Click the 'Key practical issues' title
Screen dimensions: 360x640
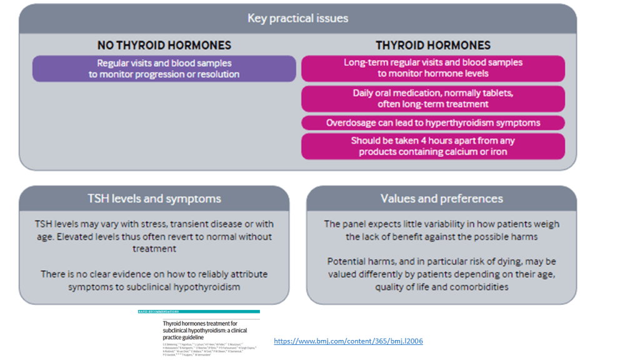coord(297,17)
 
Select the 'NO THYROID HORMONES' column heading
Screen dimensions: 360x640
coord(164,45)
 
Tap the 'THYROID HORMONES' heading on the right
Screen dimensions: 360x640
coord(432,45)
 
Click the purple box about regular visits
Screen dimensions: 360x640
coord(164,69)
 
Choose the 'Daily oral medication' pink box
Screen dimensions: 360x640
coord(432,99)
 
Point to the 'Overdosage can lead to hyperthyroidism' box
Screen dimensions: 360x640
coord(432,122)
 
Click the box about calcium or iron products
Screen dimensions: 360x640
coord(432,146)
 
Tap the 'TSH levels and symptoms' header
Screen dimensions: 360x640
coord(154,199)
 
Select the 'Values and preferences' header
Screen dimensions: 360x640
coord(441,199)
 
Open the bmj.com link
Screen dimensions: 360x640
coord(348,341)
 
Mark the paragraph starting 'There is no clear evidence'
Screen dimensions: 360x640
coord(154,280)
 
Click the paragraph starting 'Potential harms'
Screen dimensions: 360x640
coord(441,274)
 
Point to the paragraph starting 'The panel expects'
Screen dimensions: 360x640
coord(441,230)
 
